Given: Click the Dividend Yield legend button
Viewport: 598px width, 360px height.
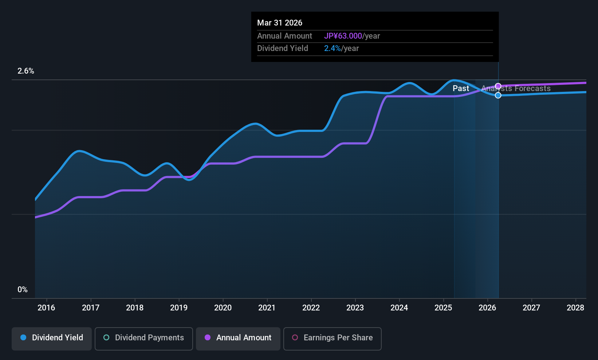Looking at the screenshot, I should tap(52, 338).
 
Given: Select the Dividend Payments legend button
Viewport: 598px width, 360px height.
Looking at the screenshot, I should tap(144, 338).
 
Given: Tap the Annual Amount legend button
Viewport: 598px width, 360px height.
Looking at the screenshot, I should tap(238, 338).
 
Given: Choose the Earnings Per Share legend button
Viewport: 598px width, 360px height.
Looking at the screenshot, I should tap(332, 338).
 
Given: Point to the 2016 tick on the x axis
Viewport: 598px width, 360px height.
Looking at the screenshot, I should tap(46, 308).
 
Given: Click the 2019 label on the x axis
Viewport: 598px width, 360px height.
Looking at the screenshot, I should tap(179, 308).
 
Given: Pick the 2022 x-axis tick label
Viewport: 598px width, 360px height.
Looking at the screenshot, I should tap(311, 308).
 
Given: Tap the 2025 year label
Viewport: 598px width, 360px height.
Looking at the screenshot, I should tap(443, 308).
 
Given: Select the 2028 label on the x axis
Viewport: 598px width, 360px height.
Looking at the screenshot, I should tap(575, 308).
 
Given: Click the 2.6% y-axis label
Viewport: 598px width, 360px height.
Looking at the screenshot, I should tap(26, 71).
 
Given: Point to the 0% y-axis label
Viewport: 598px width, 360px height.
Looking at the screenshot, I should tap(23, 290).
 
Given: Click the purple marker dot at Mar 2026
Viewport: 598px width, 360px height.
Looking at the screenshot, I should tap(498, 86).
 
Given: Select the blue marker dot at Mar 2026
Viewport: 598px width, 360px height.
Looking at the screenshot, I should tap(498, 95).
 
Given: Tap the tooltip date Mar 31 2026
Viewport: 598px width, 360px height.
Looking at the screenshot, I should tap(280, 23).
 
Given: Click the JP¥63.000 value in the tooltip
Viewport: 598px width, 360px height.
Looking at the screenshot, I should tap(343, 36).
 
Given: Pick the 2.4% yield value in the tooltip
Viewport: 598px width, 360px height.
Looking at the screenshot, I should tap(332, 48).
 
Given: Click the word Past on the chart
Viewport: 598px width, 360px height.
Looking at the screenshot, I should tap(461, 89).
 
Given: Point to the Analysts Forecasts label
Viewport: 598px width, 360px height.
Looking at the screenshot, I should tap(516, 89).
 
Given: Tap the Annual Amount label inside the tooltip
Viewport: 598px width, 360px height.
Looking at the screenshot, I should tap(284, 36).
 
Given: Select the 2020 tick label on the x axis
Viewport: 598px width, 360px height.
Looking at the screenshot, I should tap(223, 308).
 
